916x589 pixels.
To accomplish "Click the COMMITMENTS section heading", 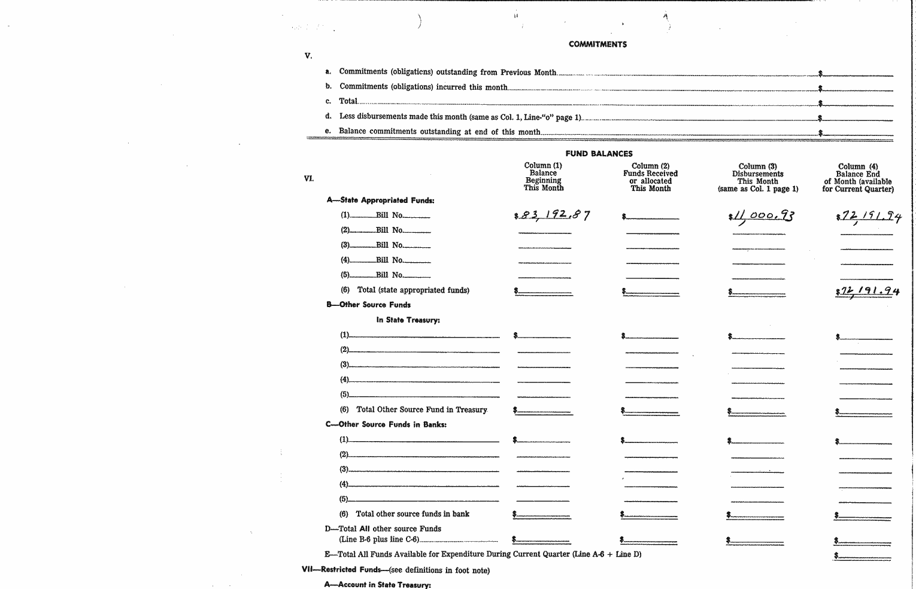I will click(597, 44).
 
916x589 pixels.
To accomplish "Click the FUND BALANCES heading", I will click(599, 154).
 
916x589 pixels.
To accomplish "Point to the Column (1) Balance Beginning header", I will click(543, 177).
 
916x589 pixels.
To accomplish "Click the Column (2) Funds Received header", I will click(650, 177).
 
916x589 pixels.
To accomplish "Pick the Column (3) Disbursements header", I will click(757, 178).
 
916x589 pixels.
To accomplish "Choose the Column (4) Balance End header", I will click(858, 178).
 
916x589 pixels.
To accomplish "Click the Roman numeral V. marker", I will click(308, 56).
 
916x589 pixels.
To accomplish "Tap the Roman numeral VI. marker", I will click(309, 178).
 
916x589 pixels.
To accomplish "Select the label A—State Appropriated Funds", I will click(380, 201).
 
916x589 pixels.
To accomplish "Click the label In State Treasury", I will click(408, 320).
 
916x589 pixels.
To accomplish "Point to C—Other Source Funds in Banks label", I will click(386, 424).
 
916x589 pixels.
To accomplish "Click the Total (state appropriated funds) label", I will click(413, 290).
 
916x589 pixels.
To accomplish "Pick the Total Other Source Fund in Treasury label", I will click(421, 410).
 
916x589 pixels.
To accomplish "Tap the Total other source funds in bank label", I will click(412, 514).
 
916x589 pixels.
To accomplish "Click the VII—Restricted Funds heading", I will click(395, 570).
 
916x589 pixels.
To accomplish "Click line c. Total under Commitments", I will click(348, 102).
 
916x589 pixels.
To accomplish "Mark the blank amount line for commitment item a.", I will click(857, 74).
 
